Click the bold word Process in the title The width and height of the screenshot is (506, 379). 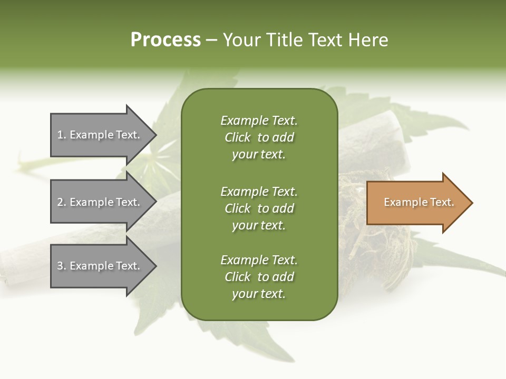(166, 40)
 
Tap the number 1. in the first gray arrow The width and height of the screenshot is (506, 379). (62, 135)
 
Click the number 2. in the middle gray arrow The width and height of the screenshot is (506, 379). (62, 202)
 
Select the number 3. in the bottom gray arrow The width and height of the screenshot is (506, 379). (62, 266)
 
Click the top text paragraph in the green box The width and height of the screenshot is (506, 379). (259, 137)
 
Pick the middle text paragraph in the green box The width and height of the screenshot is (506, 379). (259, 208)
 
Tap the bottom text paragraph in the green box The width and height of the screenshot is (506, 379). (259, 277)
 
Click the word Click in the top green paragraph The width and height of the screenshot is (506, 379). (238, 137)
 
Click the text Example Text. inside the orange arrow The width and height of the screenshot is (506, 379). (419, 202)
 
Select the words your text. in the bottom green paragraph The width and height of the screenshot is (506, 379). (259, 294)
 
